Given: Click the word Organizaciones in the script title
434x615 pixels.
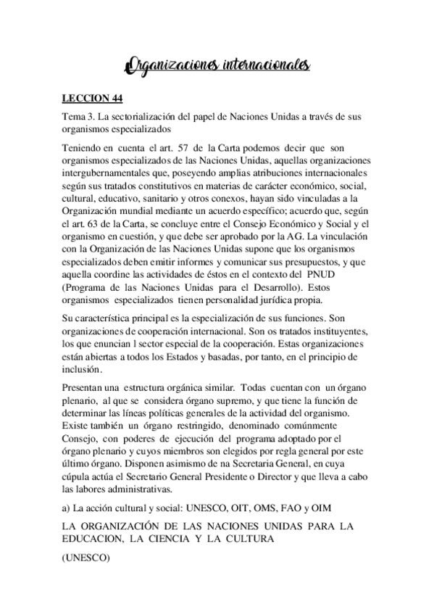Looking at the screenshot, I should (167, 68).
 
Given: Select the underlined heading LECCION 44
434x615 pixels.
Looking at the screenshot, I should (88, 100).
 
